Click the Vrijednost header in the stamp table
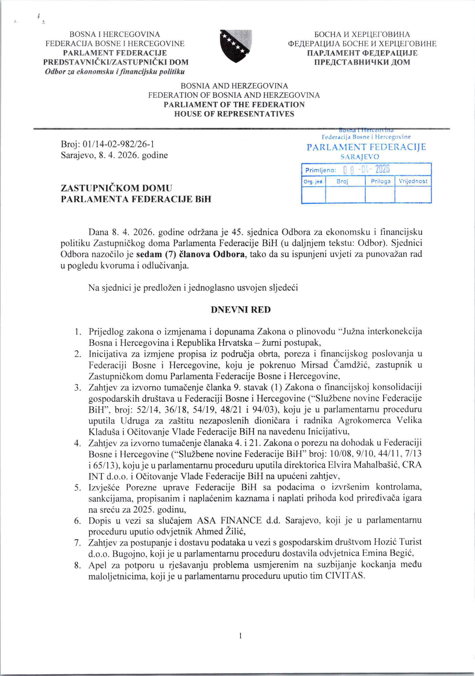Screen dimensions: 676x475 [413, 181]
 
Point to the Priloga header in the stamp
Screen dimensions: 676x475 [380, 181]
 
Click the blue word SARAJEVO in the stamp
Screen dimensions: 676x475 [359, 157]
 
